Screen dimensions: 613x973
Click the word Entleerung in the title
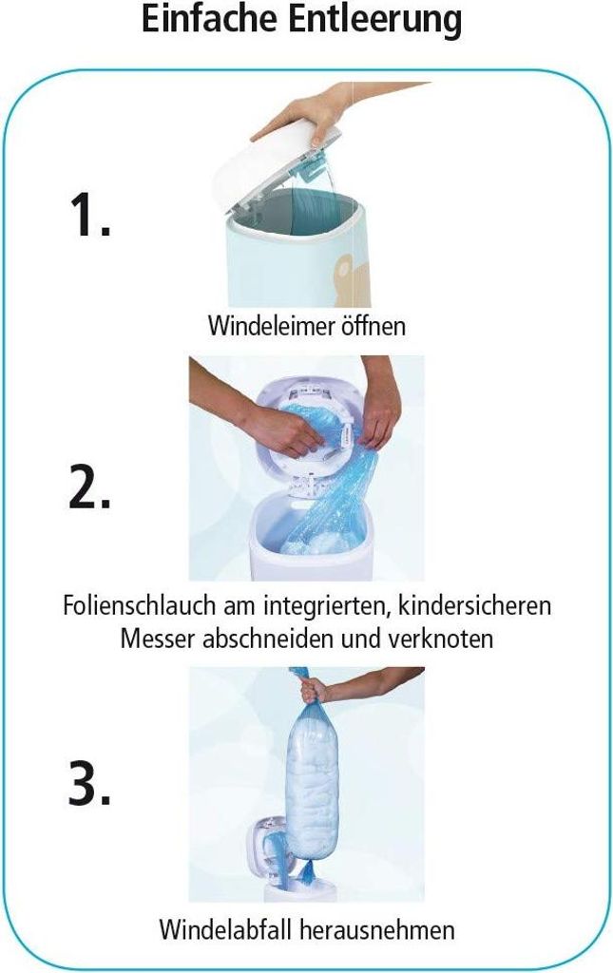coord(375,20)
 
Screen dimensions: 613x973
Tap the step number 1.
coord(89,214)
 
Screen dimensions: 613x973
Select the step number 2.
coord(89,487)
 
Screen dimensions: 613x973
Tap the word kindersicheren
coord(474,605)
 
